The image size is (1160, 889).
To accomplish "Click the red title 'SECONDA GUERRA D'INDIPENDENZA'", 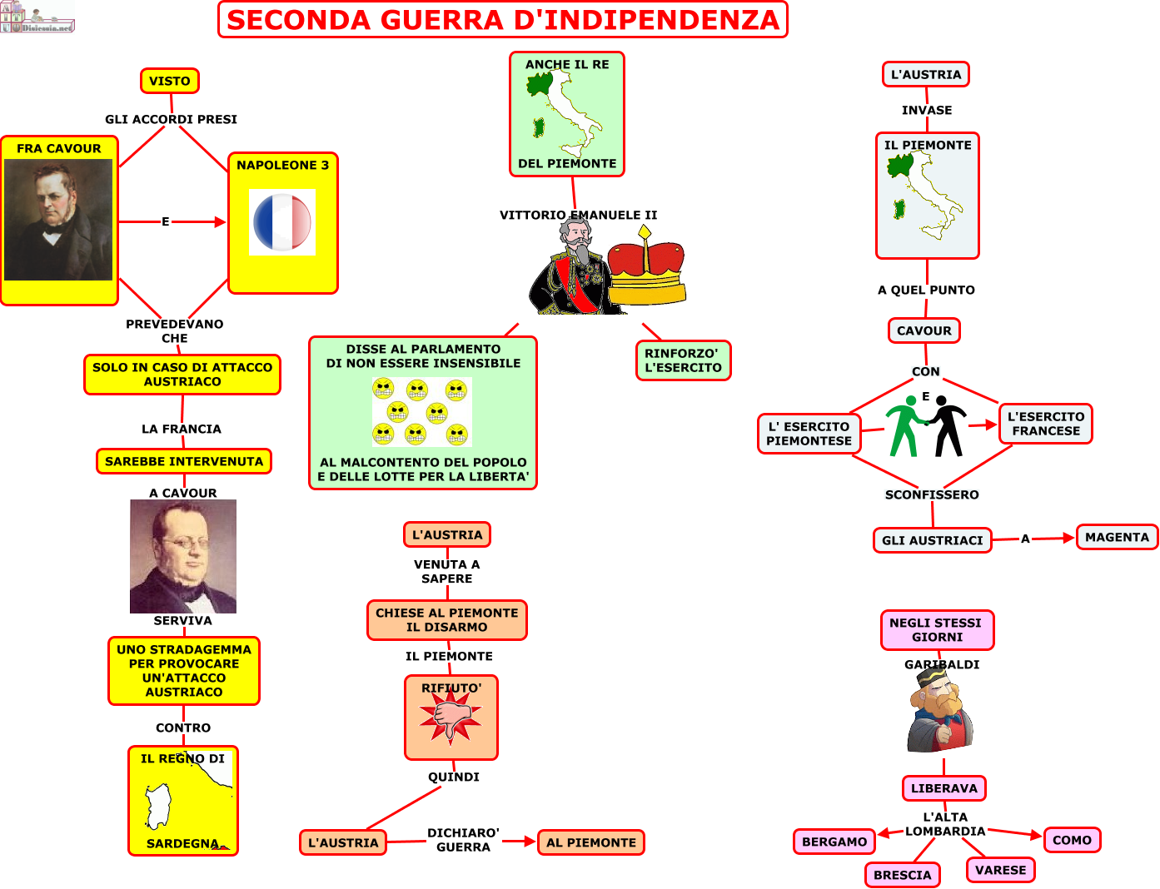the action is (502, 20).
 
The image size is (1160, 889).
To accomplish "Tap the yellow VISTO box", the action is (170, 81).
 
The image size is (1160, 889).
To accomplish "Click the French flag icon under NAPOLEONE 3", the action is (281, 222).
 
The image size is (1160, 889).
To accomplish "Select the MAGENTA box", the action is (1117, 537).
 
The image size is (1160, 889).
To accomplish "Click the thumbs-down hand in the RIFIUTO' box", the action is (451, 718).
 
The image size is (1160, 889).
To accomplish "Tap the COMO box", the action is (1072, 840).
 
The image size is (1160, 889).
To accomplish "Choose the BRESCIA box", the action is (902, 875).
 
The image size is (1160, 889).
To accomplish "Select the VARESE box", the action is (1000, 870).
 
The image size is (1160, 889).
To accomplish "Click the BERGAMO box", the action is (834, 842).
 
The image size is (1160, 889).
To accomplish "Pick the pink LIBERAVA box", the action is (943, 788).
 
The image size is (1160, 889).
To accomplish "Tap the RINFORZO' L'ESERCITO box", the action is (683, 360).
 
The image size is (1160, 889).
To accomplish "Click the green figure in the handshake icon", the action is (904, 426).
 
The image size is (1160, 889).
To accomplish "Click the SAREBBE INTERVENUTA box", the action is (184, 461).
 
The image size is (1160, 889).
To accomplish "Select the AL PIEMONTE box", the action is (591, 842).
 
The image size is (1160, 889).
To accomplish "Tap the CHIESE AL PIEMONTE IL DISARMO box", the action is (447, 620).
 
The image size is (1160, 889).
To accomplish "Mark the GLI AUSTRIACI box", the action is (932, 540).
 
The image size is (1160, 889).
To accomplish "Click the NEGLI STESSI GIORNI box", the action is (937, 629).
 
